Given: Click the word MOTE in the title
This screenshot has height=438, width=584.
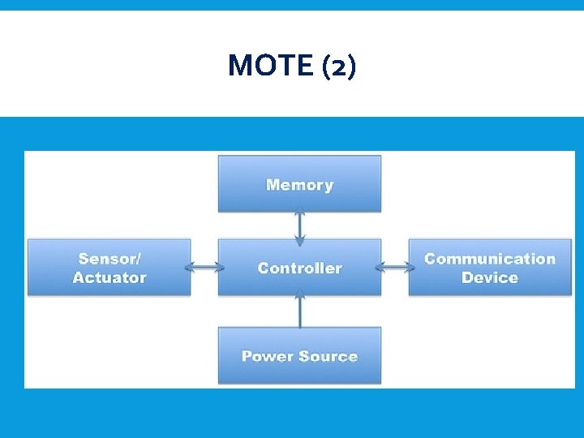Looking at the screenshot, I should pyautogui.click(x=270, y=66).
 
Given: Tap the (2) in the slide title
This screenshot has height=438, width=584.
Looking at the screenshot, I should pyautogui.click(x=337, y=66).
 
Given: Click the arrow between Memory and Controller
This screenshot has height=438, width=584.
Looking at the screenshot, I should pyautogui.click(x=300, y=225).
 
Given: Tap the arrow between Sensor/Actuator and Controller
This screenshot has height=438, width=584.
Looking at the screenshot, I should pyautogui.click(x=204, y=267).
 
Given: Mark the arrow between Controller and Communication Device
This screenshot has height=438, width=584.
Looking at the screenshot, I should pyautogui.click(x=394, y=267).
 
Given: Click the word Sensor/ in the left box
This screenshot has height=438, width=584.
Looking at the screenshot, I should pyautogui.click(x=109, y=259).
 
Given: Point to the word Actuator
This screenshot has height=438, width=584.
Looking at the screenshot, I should pyautogui.click(x=109, y=277).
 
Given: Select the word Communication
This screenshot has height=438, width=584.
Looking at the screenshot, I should pyautogui.click(x=489, y=259).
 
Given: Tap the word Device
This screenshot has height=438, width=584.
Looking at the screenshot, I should pyautogui.click(x=489, y=277).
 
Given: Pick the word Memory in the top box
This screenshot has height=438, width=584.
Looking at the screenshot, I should pyautogui.click(x=299, y=185).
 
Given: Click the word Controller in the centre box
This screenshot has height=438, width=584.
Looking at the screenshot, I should pyautogui.click(x=299, y=268).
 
